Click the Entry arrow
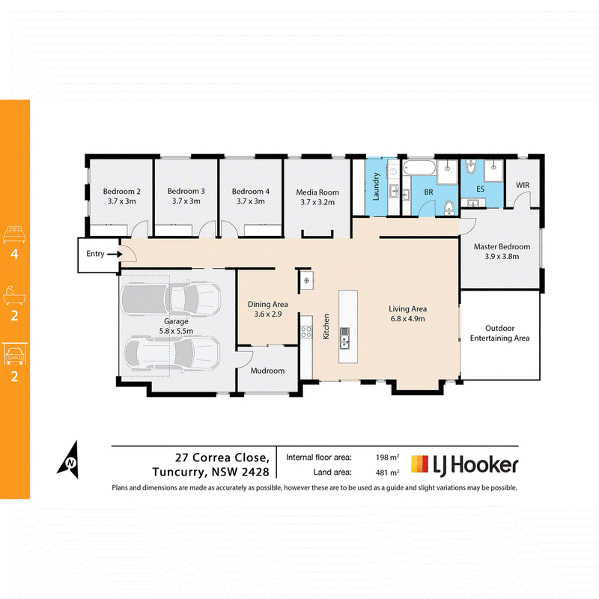pos(115,254)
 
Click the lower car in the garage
pos(173,353)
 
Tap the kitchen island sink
pos(344,338)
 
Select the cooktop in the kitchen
pos(306,332)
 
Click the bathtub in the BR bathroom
pos(419,168)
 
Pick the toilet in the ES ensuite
pos(471,166)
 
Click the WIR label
pos(523,185)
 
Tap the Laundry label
pos(376,186)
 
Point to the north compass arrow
pos(70,460)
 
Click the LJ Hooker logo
pos(464,465)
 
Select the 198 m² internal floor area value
pos(387,457)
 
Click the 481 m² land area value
pos(387,472)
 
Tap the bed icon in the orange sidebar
pos(14,234)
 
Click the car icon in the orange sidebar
pos(14,353)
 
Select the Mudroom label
pos(267,371)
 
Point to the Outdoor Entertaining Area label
pos(499,333)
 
